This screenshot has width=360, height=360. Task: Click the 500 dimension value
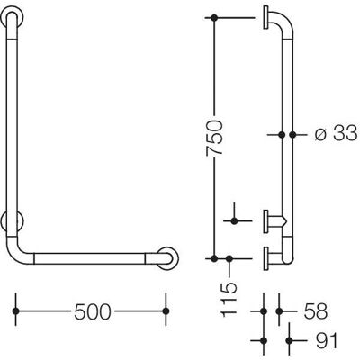click(93, 311)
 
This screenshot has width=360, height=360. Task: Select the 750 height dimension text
click(215, 138)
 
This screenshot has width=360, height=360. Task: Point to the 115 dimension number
click(229, 300)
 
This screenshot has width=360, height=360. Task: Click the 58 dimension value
click(315, 311)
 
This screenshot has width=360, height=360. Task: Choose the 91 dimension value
click(327, 340)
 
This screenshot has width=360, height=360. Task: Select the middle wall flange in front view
click(12, 222)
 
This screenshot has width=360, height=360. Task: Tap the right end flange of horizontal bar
click(167, 258)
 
